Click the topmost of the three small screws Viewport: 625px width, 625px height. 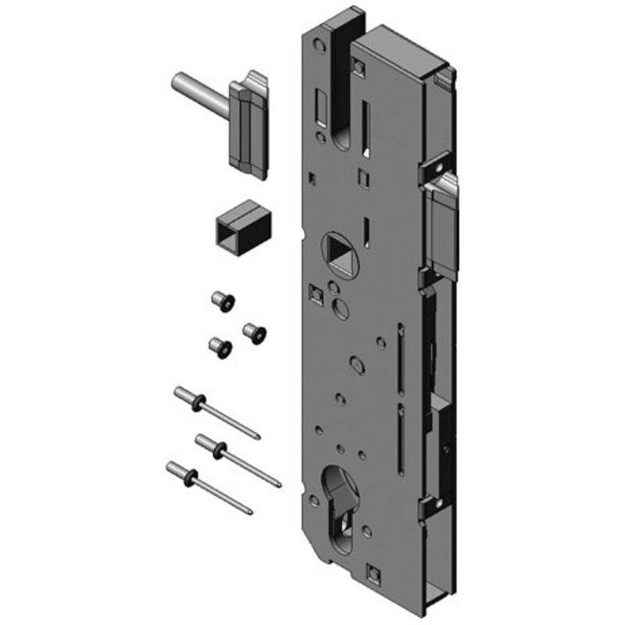click(222, 300)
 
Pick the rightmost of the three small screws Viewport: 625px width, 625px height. click(254, 332)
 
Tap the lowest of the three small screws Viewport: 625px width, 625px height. click(220, 348)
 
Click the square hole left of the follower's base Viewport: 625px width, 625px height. click(316, 295)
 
